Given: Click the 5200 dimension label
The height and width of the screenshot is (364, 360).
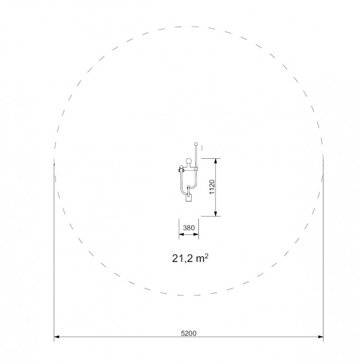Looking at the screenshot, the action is (189, 333).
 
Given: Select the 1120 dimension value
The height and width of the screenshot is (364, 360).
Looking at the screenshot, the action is (212, 187).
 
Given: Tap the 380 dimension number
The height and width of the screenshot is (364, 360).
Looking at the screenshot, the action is (189, 228).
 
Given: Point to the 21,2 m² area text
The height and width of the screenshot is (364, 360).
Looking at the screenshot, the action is (190, 258).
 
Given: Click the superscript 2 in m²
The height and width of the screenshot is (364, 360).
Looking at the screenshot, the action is (207, 256).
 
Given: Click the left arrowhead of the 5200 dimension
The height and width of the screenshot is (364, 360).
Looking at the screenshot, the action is (57, 337).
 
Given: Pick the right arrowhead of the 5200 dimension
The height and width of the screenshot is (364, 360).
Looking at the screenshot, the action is (320, 337).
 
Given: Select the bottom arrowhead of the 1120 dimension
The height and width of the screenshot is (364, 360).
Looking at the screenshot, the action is (216, 213).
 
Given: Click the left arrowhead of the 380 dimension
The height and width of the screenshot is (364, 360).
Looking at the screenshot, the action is (181, 234).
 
